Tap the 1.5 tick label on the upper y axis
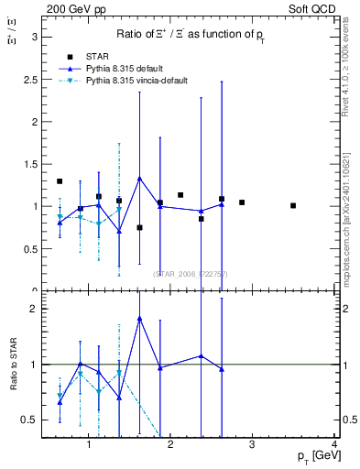coord(30,164)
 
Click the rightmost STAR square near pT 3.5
coord(293,205)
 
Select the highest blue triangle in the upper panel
coord(139,178)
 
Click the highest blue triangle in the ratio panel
coord(139,318)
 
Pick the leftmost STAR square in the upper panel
coord(60,181)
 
